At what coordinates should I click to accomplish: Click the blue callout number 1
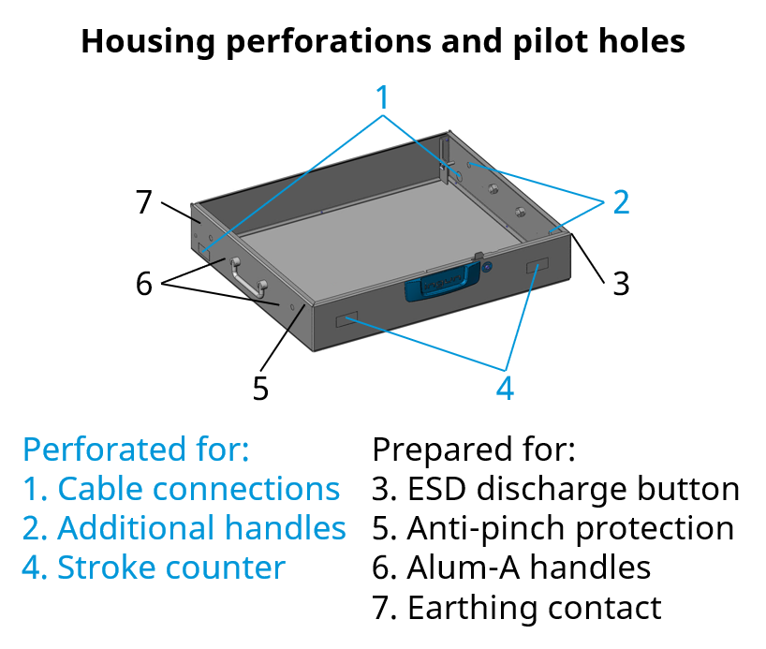[382, 96]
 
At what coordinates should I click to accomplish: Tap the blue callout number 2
[620, 200]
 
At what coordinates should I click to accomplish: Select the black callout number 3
[621, 282]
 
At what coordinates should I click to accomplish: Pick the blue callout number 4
[505, 388]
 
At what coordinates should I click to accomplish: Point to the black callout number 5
[260, 388]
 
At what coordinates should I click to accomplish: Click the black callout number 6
[143, 283]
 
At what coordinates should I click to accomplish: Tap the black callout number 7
[143, 201]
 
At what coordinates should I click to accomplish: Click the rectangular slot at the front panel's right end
[538, 267]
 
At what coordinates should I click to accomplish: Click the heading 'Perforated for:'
[136, 450]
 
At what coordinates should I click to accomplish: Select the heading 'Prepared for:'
[473, 450]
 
